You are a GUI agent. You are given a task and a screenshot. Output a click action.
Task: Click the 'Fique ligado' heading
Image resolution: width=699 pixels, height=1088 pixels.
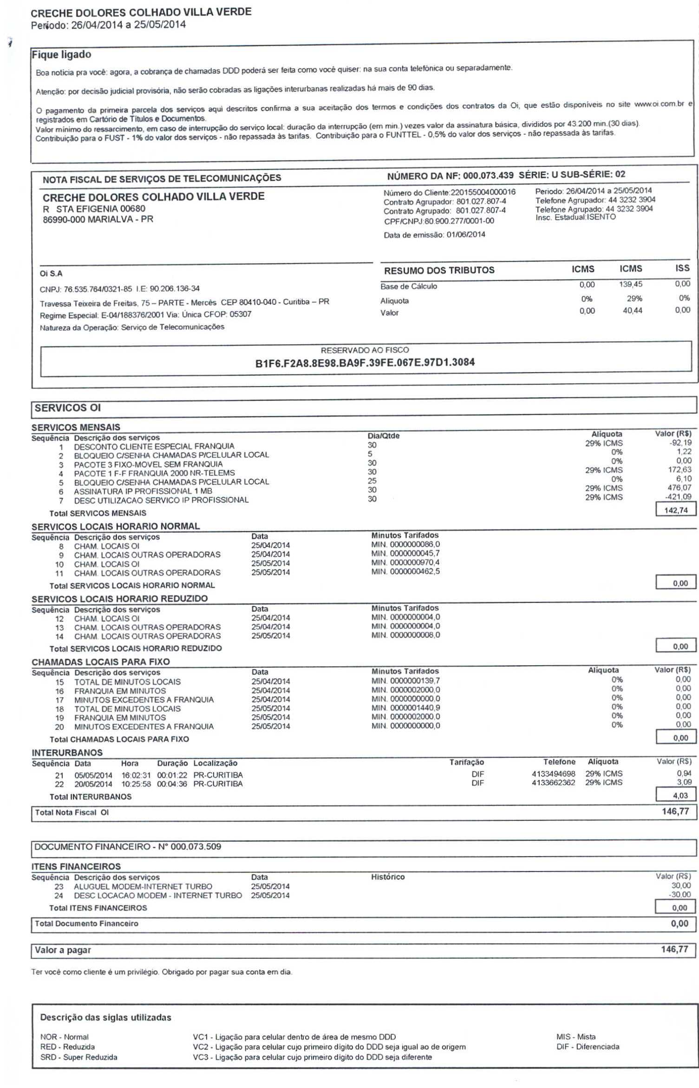point(61,55)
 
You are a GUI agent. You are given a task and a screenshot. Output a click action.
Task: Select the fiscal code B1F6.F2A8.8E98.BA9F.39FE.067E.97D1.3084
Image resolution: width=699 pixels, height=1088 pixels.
point(365,363)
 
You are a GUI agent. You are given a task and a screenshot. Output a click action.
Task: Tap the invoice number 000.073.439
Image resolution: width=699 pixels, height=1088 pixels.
point(488,175)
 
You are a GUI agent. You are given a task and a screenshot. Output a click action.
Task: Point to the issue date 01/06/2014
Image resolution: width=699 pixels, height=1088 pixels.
point(466,235)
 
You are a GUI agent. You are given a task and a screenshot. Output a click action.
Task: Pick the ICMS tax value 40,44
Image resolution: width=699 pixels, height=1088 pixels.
point(632,310)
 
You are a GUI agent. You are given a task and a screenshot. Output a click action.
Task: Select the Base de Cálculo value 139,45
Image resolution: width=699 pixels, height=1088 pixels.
point(631,284)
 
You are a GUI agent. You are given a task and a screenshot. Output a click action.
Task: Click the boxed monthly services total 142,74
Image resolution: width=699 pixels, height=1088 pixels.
point(676,510)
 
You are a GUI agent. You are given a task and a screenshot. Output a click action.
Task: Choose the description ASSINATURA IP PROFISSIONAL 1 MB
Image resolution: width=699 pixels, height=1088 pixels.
point(143,491)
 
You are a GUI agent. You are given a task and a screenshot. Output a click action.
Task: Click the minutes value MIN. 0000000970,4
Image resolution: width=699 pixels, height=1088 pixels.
point(405,563)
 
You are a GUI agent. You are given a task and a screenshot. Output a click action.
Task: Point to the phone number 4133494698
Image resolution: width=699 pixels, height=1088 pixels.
point(553,774)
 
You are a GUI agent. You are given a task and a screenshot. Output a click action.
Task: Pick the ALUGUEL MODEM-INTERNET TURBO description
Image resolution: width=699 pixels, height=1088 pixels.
point(143,886)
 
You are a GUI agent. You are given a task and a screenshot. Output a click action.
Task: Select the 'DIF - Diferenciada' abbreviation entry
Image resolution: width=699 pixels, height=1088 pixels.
point(588,1047)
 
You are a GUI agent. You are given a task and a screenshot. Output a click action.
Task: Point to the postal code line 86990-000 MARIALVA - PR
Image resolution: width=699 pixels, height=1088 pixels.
point(98,219)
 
